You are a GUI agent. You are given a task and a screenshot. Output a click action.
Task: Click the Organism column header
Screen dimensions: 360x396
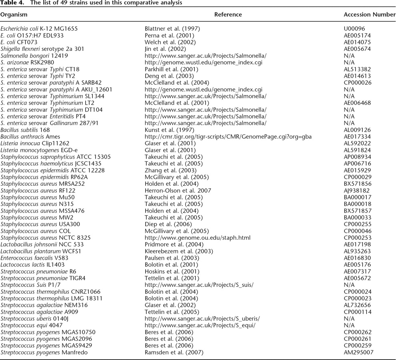point(14,15)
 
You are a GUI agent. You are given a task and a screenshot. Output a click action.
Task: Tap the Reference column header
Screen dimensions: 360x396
point(228,15)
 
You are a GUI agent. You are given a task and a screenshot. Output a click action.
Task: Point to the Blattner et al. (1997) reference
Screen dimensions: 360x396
point(172,29)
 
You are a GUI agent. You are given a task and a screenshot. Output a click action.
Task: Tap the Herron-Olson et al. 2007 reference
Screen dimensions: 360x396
point(178,191)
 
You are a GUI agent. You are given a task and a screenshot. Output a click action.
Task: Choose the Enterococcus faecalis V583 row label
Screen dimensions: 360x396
point(32,258)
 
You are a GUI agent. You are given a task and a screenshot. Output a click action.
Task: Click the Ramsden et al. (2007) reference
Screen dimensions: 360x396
point(174,352)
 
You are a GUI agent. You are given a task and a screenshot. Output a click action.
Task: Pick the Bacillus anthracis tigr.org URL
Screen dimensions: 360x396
point(228,137)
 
